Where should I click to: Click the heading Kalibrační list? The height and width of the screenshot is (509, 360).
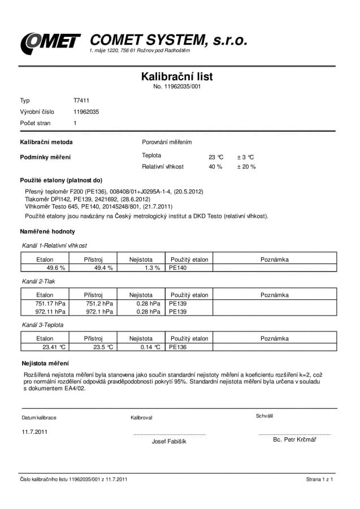click(x=177, y=76)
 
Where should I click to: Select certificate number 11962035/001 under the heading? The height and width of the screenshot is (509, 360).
click(x=177, y=87)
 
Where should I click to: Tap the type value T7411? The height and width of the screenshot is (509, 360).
click(x=81, y=101)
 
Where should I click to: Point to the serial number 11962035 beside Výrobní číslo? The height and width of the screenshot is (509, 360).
click(x=86, y=112)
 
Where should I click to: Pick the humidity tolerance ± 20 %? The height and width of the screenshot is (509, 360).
click(x=246, y=167)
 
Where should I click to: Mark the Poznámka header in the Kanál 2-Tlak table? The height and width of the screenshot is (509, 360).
click(x=275, y=295)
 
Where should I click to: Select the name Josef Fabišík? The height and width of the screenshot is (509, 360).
click(x=169, y=441)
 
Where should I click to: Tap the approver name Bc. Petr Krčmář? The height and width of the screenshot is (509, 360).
click(x=294, y=439)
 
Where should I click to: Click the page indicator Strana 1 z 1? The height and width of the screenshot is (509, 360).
click(x=319, y=479)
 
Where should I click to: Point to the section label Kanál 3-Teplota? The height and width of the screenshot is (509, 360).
click(x=43, y=325)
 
